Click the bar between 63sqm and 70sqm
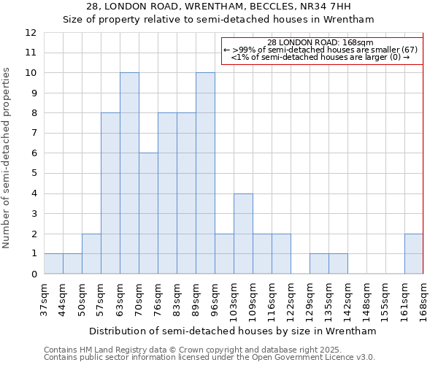(x=129, y=173)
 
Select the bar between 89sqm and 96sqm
(x=205, y=173)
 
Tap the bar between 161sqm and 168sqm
(x=414, y=253)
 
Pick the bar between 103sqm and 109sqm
(x=243, y=234)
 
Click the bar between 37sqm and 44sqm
(x=53, y=264)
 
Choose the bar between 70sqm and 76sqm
(x=148, y=213)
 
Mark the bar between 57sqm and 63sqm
(x=110, y=193)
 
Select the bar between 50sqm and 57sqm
(x=91, y=253)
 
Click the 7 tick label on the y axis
(x=33, y=134)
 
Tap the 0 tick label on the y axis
(x=33, y=274)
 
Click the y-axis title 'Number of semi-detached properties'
(x=7, y=158)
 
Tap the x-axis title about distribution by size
(x=233, y=331)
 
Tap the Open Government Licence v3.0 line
(x=209, y=357)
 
